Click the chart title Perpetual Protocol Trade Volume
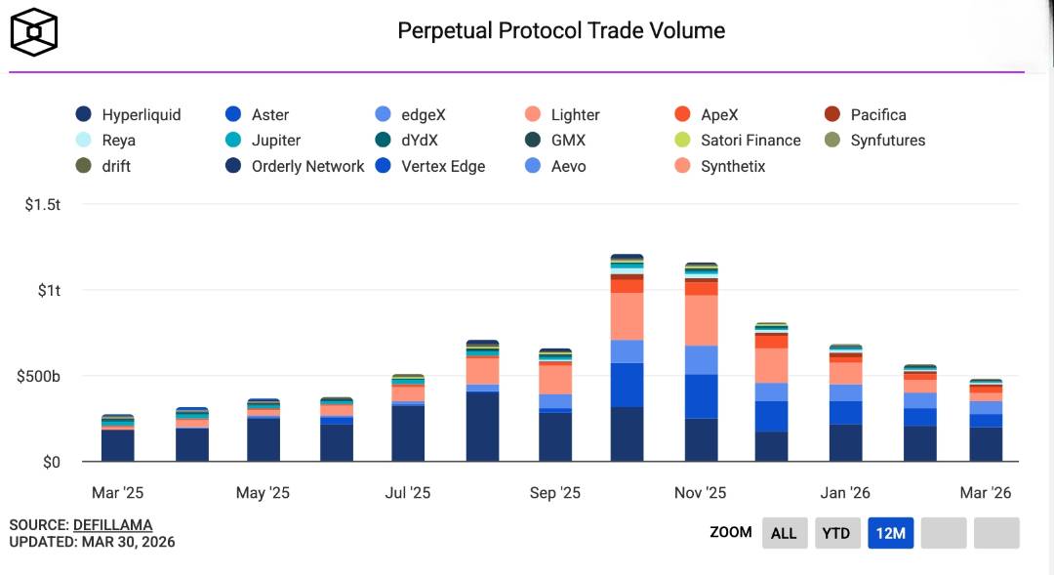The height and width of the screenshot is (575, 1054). click(x=561, y=31)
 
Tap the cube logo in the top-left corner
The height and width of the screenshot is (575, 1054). click(x=34, y=32)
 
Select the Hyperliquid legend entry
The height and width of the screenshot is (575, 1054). click(x=129, y=115)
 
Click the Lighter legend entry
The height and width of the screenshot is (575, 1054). click(x=562, y=115)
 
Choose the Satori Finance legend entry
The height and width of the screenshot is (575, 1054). click(x=739, y=141)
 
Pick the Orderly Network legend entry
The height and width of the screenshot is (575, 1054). click(x=295, y=167)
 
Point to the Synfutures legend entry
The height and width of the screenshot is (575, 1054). click(x=875, y=141)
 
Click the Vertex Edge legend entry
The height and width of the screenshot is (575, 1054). click(x=430, y=167)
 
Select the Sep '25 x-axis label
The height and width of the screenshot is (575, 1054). click(x=555, y=493)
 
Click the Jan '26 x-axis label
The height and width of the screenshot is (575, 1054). click(x=845, y=493)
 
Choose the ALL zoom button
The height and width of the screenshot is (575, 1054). click(x=784, y=533)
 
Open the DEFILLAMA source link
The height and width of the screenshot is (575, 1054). click(x=112, y=525)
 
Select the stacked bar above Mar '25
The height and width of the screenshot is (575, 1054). click(x=118, y=439)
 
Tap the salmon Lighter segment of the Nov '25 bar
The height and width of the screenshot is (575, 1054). click(x=701, y=320)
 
